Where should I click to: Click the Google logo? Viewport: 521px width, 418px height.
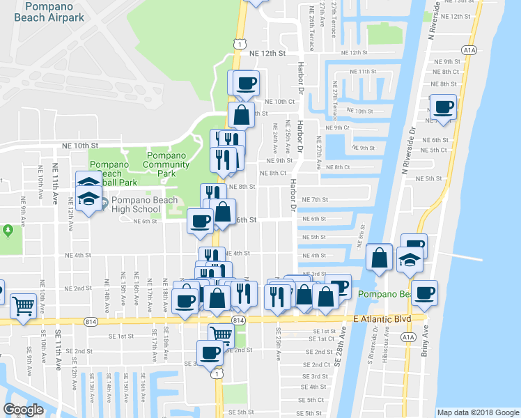[24, 410]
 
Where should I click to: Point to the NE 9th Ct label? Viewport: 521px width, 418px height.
[337, 127]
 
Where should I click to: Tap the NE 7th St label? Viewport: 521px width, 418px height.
[315, 199]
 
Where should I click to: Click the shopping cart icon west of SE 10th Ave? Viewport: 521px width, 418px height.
[24, 305]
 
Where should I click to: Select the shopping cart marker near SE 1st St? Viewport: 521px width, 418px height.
[221, 334]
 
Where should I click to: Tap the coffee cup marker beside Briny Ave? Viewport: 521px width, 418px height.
[424, 292]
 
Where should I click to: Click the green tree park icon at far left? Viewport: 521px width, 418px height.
[7, 229]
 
